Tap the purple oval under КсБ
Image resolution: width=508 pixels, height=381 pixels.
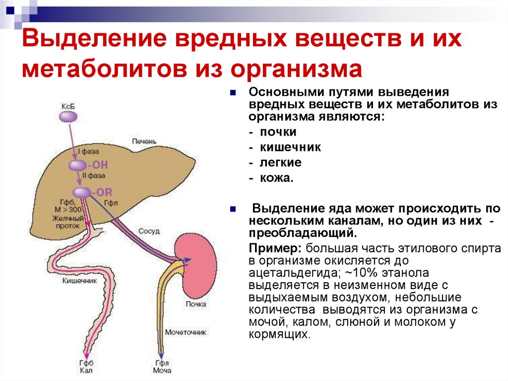click(x=68, y=117)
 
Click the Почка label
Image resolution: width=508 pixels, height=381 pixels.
click(x=195, y=304)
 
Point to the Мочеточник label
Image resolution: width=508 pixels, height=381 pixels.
click(x=185, y=332)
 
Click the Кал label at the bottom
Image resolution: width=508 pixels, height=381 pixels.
click(x=87, y=371)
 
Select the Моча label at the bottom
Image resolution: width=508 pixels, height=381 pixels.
click(x=161, y=371)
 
